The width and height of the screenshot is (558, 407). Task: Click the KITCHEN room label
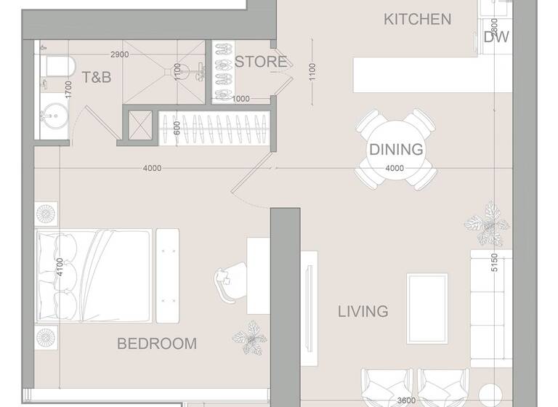tap(417, 20)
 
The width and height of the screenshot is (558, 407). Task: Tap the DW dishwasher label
tap(496, 38)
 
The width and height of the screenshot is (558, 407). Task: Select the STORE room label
tap(260, 62)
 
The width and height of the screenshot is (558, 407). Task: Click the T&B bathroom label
tap(96, 77)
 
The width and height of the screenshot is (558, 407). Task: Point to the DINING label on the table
tap(396, 150)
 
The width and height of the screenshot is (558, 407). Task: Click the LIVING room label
tap(363, 312)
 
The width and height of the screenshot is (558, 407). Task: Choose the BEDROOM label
tap(157, 343)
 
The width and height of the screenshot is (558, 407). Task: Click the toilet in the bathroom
tap(58, 66)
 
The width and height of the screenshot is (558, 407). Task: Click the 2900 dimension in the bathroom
tap(120, 55)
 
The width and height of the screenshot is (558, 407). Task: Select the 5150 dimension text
tap(494, 262)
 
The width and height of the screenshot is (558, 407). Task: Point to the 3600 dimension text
tap(407, 400)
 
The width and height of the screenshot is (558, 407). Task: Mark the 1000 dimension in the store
tap(240, 100)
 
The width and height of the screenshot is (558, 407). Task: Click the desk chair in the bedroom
tap(227, 283)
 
